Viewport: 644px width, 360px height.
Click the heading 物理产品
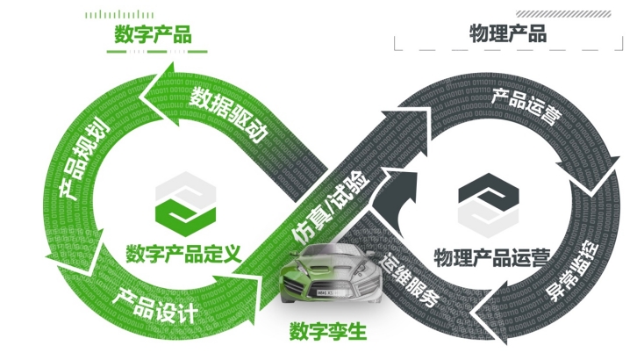(x=508, y=34)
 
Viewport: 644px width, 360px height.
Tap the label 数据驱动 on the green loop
(x=229, y=113)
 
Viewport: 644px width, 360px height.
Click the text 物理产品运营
(x=492, y=257)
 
